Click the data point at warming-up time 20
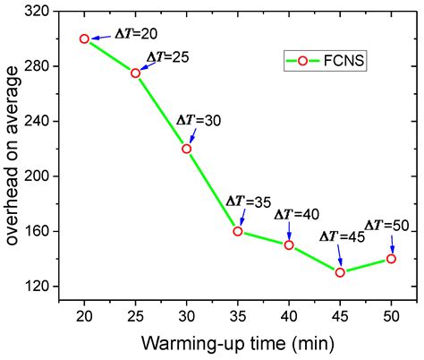coord(84,39)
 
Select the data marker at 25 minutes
coord(135,73)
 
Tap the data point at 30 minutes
coord(186,149)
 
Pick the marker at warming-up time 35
coord(238,231)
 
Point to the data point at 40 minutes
coord(289,244)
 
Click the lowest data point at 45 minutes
coord(340,271)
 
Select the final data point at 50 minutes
coord(391,258)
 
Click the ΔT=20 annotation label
coord(136,33)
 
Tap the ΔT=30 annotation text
coord(197,119)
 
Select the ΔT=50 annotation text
coord(387,224)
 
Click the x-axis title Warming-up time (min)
coord(237,343)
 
